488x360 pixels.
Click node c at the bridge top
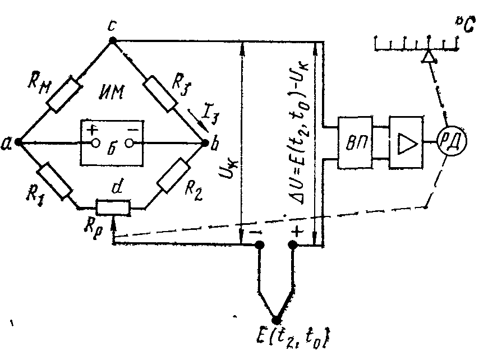tap(112, 40)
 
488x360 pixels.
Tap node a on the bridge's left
tap(19, 142)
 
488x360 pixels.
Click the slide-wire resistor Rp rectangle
tap(113, 208)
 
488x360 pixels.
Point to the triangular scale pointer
tap(428, 56)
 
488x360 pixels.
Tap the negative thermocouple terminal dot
tap(259, 245)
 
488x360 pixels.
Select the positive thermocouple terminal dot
tap(293, 245)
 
